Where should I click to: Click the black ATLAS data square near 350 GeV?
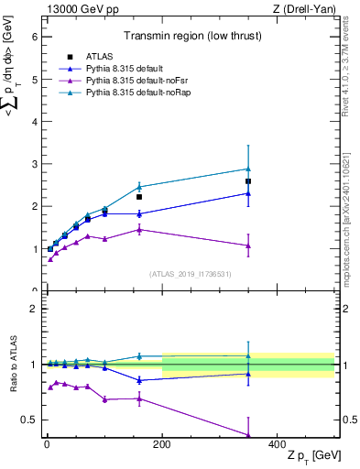tap(248, 181)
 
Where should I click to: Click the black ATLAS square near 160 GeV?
tap(139, 197)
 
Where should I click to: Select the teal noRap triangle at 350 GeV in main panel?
tap(248, 169)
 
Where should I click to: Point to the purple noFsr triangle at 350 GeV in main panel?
tap(248, 245)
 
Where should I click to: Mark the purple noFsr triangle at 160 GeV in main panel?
tap(139, 229)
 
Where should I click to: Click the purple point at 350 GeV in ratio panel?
tap(248, 435)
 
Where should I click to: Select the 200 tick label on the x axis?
tap(162, 442)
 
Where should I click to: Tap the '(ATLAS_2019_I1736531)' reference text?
tap(189, 273)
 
